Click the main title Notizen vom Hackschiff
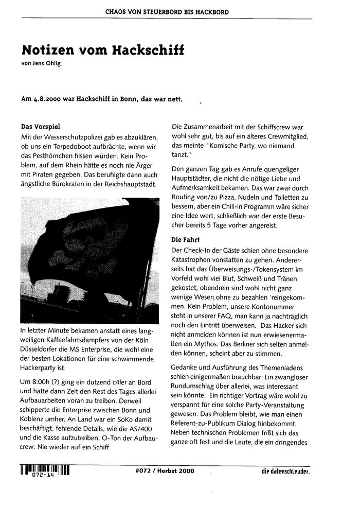point(103,51)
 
